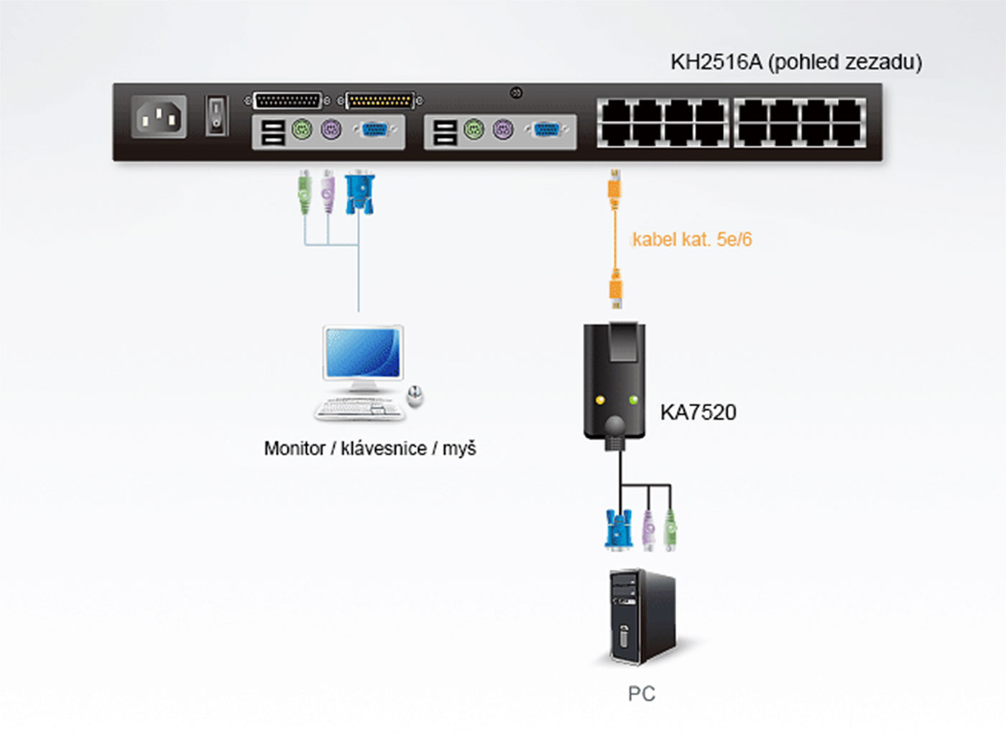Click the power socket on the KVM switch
coord(159,116)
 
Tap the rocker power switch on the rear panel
coord(216,116)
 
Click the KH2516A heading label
coord(795,63)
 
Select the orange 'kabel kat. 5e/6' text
coord(692,239)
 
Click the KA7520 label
coord(698,413)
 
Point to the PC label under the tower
coord(641,694)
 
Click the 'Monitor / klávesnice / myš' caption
coord(370,449)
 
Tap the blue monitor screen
coord(361,353)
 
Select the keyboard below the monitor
coord(359,408)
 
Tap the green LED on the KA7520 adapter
coord(633,399)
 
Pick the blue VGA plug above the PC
coord(618,529)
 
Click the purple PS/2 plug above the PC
coord(649,530)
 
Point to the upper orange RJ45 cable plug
coord(614,189)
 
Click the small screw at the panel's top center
coord(516,93)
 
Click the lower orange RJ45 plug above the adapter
coord(616,288)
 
